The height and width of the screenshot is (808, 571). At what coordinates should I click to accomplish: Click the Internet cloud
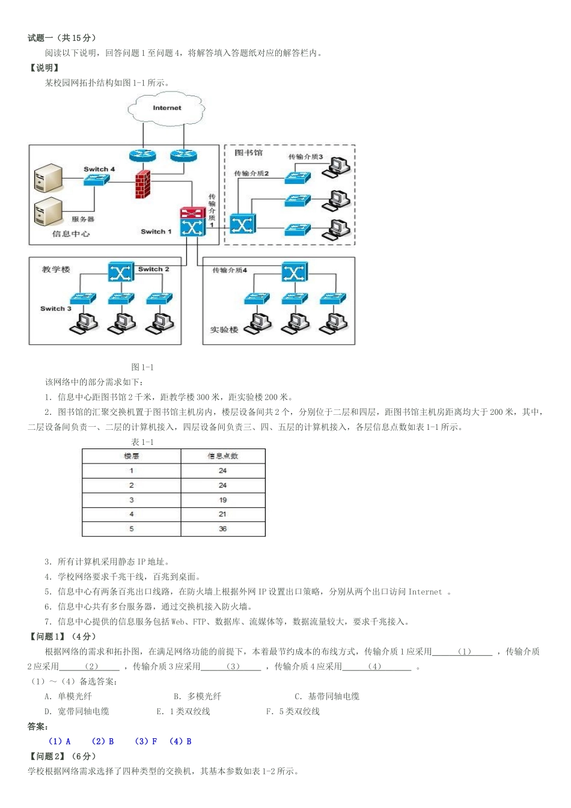coord(166,108)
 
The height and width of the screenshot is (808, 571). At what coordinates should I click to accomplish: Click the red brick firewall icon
coord(142,185)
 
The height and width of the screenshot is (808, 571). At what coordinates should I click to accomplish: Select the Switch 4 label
coord(99,169)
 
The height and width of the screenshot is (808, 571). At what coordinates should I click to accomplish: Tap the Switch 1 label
coord(156,231)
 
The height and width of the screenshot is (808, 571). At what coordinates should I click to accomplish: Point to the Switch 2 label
coord(154,269)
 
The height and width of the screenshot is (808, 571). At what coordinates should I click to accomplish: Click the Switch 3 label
coord(56,308)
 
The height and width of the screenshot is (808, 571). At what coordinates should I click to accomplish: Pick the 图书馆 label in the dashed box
coord(248,153)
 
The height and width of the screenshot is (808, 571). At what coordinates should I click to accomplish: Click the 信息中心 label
coord(71,234)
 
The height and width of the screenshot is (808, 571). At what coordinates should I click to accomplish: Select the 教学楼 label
coord(56,269)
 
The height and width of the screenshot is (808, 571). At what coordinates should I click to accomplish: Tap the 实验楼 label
coord(224,329)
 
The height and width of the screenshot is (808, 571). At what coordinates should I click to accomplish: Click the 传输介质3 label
coord(305,157)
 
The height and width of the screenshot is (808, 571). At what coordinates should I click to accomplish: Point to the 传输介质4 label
coord(230,270)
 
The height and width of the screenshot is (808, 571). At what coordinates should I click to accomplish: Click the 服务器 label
coord(83,219)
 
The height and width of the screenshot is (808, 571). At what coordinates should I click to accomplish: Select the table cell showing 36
coord(222,529)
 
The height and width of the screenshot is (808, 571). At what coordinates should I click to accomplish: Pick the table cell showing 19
coord(222,500)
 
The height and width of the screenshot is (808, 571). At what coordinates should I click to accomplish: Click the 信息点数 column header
coord(222,456)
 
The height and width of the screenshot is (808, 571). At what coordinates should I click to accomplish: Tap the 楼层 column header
coord(131,456)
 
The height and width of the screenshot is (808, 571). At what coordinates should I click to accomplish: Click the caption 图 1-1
coord(142,367)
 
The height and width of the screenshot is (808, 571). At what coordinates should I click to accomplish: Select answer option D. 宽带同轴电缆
coord(76,711)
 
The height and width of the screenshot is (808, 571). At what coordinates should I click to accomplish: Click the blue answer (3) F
coord(146,741)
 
